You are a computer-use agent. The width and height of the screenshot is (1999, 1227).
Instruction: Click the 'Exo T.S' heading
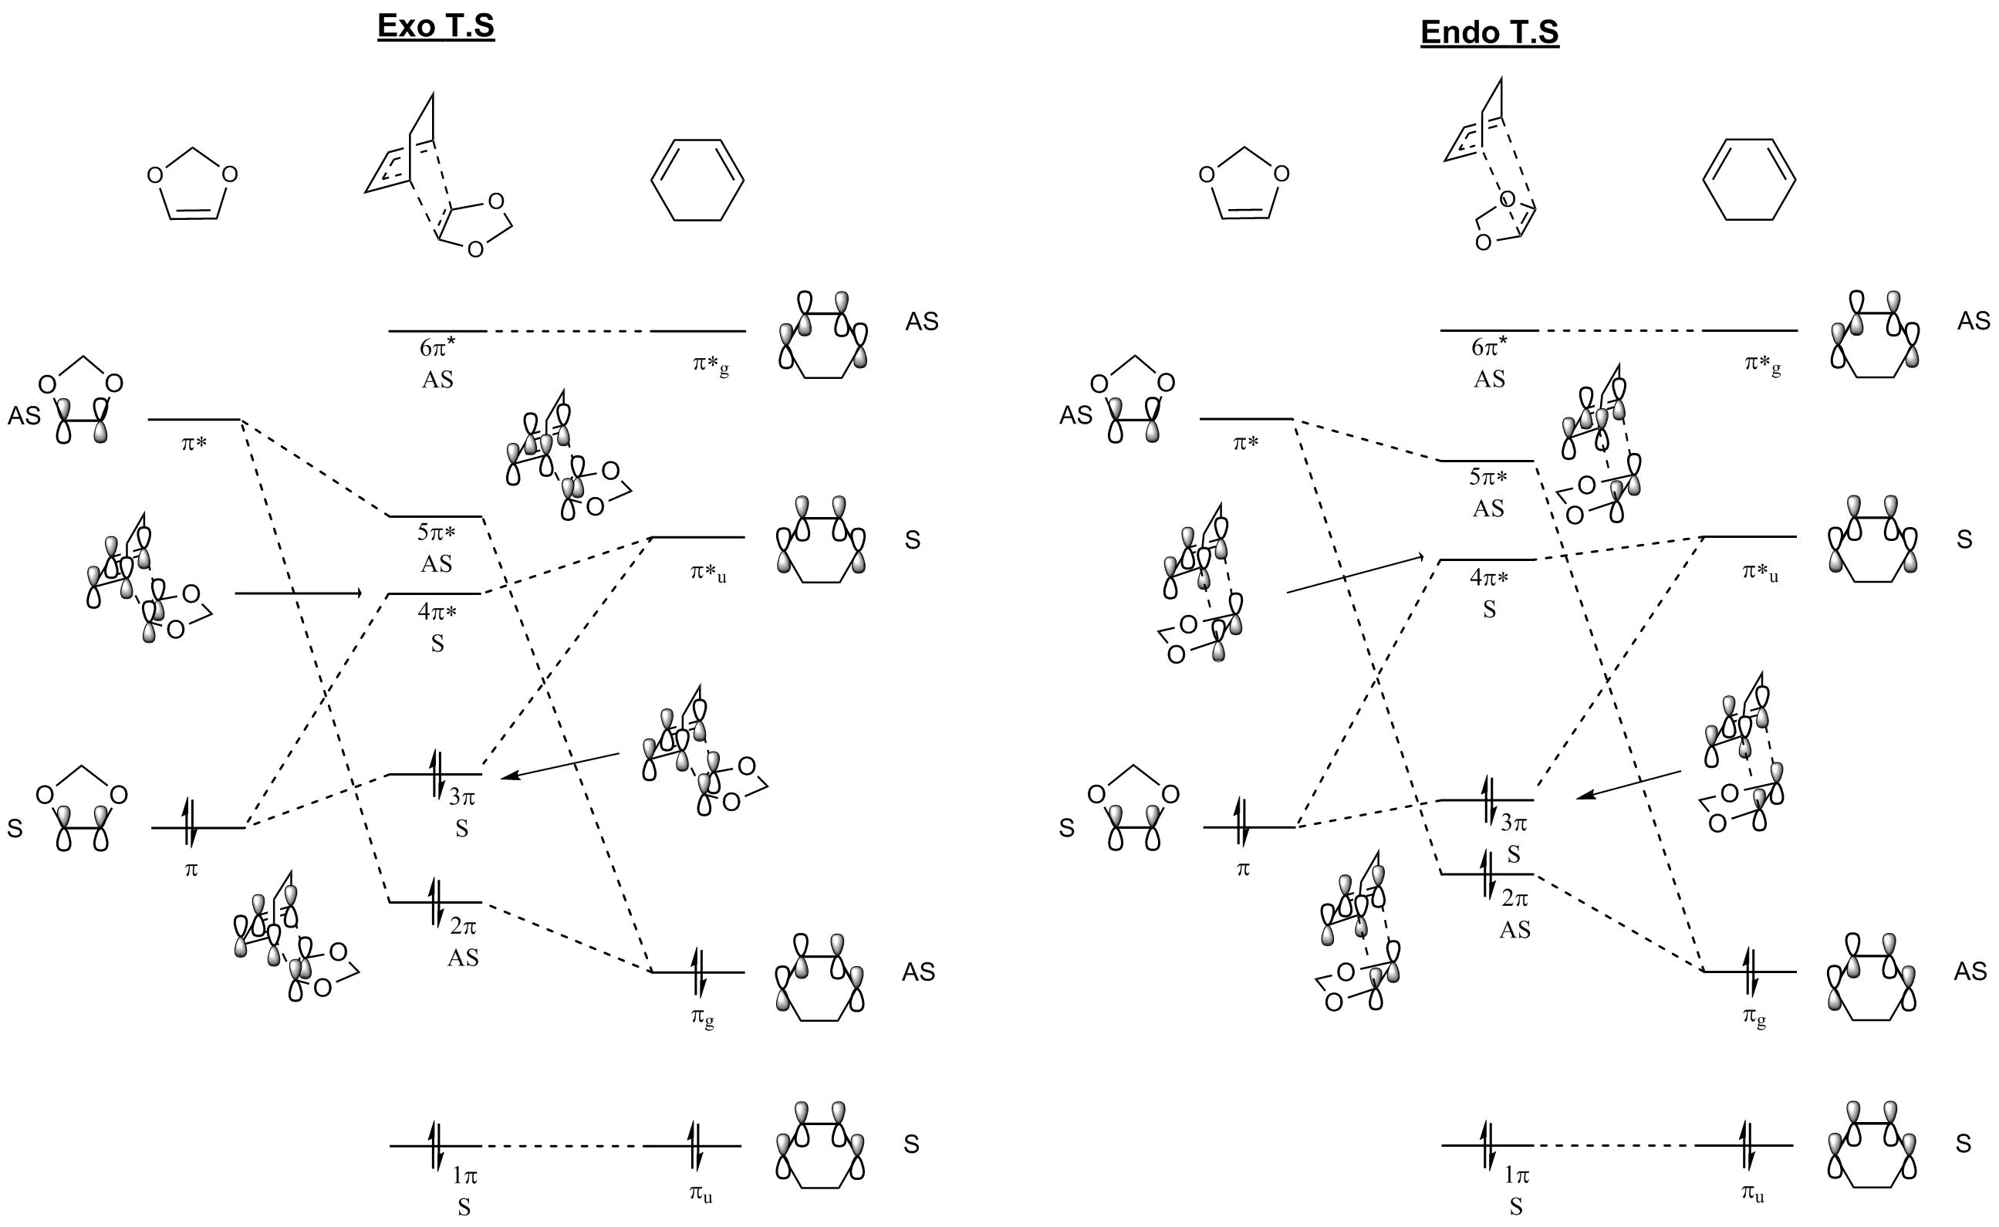(x=436, y=27)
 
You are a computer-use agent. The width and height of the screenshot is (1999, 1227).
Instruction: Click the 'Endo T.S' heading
(x=1490, y=32)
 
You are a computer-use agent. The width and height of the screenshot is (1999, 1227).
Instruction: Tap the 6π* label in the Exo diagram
(x=437, y=347)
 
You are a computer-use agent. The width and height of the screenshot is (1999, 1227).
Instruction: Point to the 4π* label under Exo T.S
(x=437, y=611)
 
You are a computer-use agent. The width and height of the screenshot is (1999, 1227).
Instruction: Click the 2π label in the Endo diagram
(x=1514, y=898)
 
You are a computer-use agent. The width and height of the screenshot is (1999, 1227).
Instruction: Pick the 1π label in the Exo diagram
(x=464, y=1175)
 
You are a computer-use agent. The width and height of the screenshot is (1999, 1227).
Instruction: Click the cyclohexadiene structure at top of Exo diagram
(x=697, y=179)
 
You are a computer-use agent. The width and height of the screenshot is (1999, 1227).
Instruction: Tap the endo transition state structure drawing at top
(x=1491, y=167)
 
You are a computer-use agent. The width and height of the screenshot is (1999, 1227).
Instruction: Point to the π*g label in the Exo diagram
(x=710, y=365)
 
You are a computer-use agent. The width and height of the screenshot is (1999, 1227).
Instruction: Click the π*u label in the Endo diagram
(x=1760, y=573)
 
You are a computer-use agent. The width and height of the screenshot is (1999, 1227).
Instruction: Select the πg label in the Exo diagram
(x=703, y=1018)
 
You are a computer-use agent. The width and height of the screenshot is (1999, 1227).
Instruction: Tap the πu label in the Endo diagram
(x=1752, y=1194)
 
